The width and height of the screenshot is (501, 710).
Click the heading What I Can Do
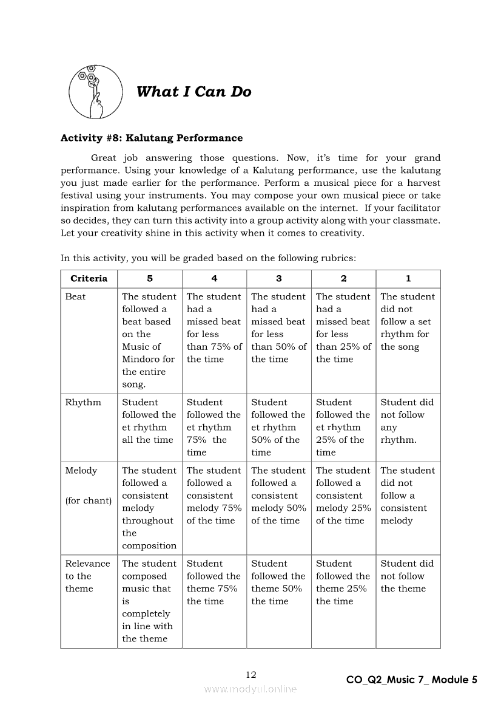(193, 92)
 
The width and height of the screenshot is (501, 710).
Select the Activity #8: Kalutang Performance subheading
(151, 138)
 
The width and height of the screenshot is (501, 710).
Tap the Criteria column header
(89, 279)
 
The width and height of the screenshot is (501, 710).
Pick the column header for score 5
(150, 279)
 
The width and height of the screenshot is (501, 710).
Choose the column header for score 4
(214, 279)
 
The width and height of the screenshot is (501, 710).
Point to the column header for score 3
(279, 279)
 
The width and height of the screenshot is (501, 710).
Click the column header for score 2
(343, 279)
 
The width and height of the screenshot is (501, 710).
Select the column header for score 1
(408, 279)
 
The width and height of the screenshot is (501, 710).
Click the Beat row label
(76, 297)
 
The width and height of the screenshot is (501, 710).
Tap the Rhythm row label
(83, 402)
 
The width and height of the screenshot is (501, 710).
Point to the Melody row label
(81, 470)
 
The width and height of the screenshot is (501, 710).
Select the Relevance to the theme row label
(87, 576)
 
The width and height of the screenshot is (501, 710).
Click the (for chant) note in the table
(89, 501)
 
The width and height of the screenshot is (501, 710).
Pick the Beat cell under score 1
(408, 322)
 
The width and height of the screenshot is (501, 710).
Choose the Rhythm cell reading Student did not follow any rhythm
(407, 421)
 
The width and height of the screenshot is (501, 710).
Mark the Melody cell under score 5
(149, 508)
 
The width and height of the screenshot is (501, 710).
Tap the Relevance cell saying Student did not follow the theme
(407, 576)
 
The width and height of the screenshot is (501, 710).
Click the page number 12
(251, 674)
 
